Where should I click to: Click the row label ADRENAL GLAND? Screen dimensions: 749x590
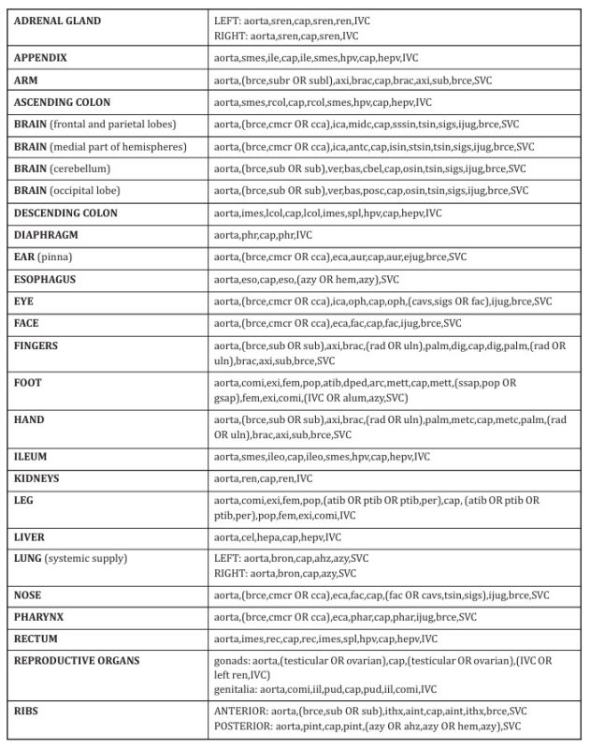click(x=58, y=20)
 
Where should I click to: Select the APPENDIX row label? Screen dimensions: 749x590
click(x=40, y=57)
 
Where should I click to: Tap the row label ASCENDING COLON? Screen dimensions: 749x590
click(x=62, y=102)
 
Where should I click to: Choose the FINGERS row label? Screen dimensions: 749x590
click(x=36, y=346)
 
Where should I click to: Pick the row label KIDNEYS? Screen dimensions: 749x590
click(x=37, y=477)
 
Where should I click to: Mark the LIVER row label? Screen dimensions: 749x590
click(x=30, y=537)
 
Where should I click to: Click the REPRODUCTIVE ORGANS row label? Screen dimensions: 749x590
click(x=77, y=660)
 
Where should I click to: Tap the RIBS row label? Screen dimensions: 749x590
click(x=27, y=711)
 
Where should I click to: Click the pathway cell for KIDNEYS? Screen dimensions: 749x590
click(x=263, y=477)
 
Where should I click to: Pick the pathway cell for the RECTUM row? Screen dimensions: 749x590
click(x=324, y=639)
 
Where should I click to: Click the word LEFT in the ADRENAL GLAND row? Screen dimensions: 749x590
click(x=226, y=20)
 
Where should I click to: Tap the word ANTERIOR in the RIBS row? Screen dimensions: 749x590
click(x=241, y=711)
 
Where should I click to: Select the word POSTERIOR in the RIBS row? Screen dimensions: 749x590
click(x=244, y=726)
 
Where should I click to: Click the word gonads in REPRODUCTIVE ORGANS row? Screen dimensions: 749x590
click(x=230, y=660)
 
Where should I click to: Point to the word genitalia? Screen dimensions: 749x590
click(x=235, y=689)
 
